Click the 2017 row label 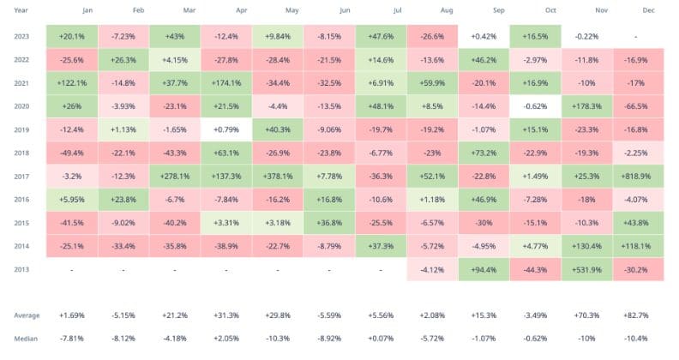click(23, 177)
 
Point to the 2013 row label click(23, 268)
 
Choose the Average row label click(27, 315)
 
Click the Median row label click(27, 338)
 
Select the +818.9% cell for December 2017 click(639, 177)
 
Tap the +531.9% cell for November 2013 click(587, 268)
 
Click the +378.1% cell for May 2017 click(278, 177)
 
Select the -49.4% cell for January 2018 click(71, 154)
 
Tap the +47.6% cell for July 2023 click(380, 37)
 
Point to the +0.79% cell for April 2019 click(226, 130)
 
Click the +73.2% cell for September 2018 click(484, 154)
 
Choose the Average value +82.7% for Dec click(639, 315)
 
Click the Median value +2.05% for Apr click(226, 338)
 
